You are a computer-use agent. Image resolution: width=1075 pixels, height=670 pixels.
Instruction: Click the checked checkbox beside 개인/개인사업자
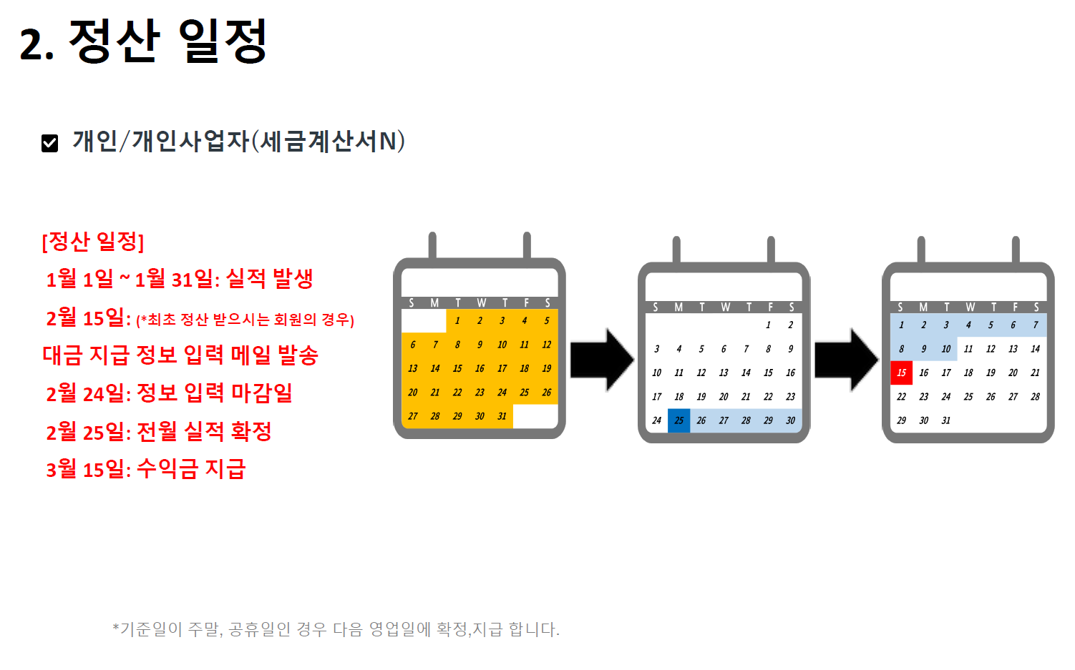point(49,143)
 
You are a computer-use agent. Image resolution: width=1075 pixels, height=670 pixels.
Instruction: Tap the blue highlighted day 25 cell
point(678,420)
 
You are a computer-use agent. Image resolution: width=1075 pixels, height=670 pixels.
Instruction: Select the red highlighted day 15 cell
point(901,373)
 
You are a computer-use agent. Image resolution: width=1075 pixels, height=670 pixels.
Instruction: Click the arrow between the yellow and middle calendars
point(601,360)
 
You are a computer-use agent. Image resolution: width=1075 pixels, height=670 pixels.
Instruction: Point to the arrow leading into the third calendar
point(846,360)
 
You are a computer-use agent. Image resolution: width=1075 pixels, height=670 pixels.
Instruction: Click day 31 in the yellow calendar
point(502,416)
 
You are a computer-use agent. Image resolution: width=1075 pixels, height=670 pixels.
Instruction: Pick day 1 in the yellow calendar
point(457,320)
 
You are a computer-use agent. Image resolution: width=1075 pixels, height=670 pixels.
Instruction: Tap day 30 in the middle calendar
point(790,420)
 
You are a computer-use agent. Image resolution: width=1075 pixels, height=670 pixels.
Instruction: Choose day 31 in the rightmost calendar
point(945,420)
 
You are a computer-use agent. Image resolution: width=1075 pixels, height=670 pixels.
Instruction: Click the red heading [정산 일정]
point(93,242)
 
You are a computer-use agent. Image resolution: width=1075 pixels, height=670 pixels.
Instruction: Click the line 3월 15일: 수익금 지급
point(146,469)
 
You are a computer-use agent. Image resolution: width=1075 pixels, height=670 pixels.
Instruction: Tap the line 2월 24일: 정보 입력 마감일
point(169,393)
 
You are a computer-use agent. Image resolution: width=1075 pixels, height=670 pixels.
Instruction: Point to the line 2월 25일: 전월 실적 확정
point(159,431)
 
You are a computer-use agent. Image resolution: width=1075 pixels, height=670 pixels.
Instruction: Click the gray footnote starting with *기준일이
point(336,629)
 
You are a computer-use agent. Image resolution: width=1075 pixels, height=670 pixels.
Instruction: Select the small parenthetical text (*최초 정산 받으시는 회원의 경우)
point(245,320)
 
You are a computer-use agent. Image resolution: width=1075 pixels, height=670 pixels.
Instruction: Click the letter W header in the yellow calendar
point(481,302)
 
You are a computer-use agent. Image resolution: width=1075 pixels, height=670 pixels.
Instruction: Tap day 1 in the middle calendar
point(768,325)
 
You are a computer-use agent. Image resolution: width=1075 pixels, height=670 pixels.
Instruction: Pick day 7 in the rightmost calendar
point(1035,325)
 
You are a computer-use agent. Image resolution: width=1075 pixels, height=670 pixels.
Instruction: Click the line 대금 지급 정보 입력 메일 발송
point(180,355)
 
